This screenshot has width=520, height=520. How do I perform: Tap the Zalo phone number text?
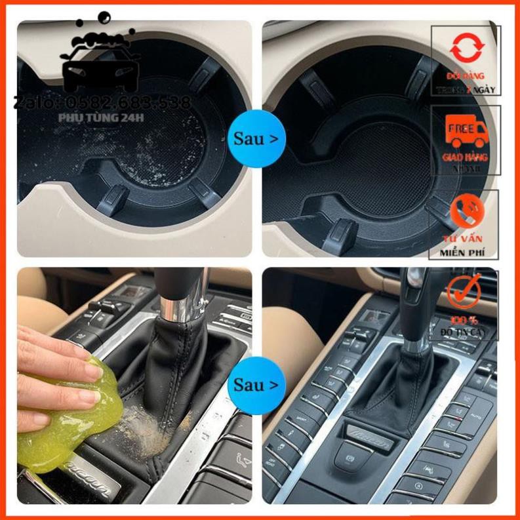point(103,102)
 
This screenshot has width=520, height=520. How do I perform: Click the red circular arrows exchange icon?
point(467,49)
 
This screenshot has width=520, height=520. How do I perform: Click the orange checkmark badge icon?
point(464,292)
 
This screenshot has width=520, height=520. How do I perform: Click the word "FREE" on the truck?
point(462,129)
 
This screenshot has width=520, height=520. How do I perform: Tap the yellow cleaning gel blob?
point(66,420)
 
